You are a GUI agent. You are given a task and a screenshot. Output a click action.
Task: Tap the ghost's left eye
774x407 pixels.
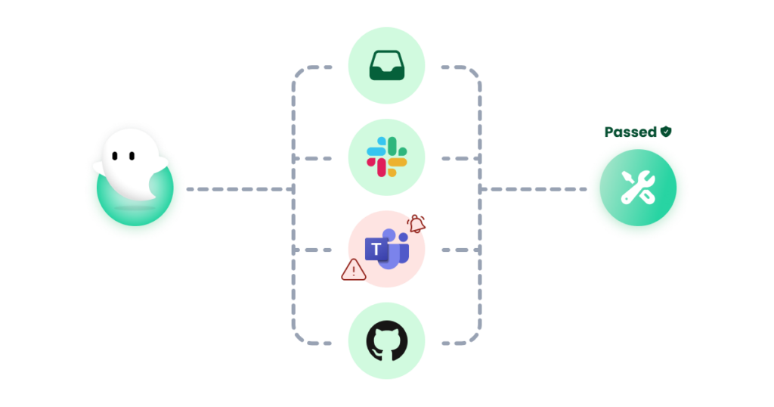[113, 156]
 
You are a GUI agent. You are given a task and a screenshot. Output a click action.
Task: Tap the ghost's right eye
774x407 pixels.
[131, 156]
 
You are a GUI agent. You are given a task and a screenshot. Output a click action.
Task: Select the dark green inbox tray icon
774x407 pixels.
[386, 67]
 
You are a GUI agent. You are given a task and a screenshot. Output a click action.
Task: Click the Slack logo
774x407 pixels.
[386, 158]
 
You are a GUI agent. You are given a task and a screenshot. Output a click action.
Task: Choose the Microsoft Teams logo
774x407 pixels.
[387, 248]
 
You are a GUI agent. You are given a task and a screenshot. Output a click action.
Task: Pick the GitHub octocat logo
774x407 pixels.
[386, 340]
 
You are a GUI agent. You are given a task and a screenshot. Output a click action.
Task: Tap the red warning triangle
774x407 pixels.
[353, 270]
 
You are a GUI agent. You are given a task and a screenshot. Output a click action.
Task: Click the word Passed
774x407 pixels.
[630, 132]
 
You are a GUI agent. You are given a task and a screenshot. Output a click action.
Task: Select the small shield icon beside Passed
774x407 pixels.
[666, 131]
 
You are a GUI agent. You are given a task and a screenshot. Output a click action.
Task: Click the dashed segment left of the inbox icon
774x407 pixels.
[317, 67]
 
